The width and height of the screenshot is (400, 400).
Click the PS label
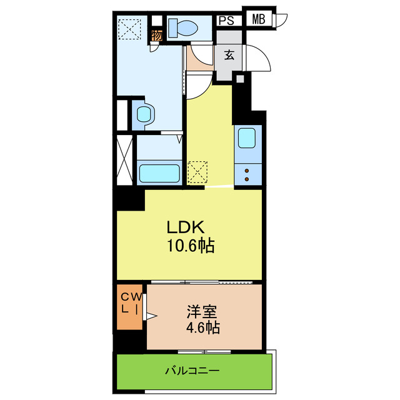pos(226,19)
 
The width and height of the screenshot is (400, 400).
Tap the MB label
pos(259,19)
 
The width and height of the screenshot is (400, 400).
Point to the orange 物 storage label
pos(157,36)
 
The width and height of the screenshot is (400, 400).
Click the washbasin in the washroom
pos(144,114)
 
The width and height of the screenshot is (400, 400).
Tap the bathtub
pos(159,172)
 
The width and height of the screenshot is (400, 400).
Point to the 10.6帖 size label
pos(190,246)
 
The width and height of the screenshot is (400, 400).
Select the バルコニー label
pos(192,371)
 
